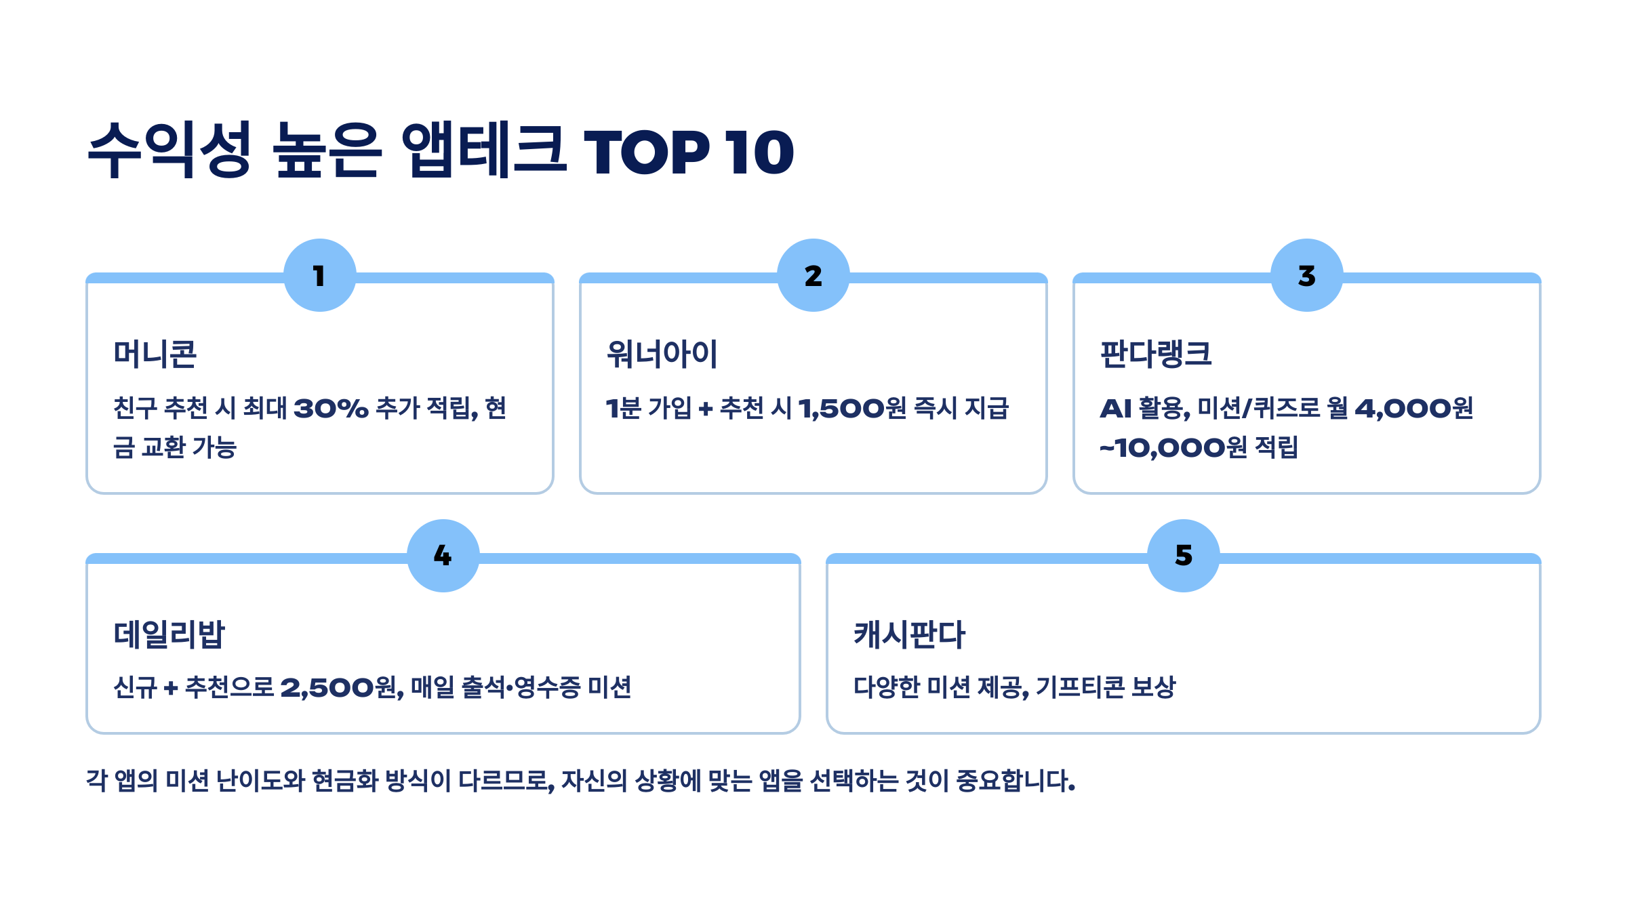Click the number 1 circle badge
pos(320,275)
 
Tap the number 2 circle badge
pos(813,275)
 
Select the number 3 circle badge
pos(1307,275)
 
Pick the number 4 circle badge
pos(443,556)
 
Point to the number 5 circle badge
pos(1184,556)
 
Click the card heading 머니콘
pos(155,354)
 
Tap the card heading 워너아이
pos(662,354)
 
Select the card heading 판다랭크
pos(1156,354)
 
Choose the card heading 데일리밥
pos(169,634)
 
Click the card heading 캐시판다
pos(909,634)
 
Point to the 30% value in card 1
pos(331,408)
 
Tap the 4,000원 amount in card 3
pos(1414,408)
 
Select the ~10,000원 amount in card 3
pos(1173,447)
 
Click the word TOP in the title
pos(647,152)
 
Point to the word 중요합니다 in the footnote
pos(1015,781)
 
